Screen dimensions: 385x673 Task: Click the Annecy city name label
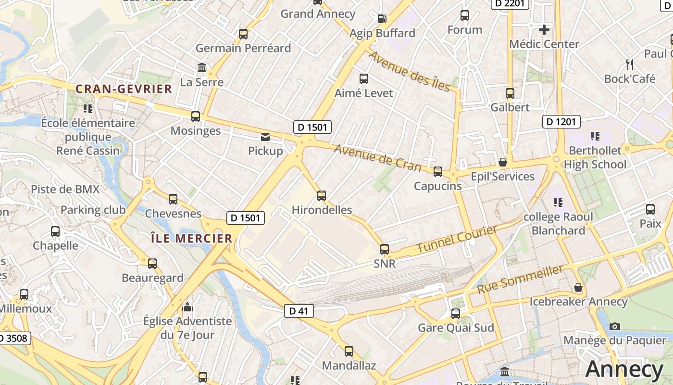coord(624,369)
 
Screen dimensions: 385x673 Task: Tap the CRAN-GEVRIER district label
coord(124,89)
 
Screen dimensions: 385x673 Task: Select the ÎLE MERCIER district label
coord(191,238)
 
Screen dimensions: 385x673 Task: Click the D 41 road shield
coord(299,311)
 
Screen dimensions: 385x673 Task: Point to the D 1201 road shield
coord(561,122)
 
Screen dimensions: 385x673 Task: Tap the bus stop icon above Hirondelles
coord(322,196)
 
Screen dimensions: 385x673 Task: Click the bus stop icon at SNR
coord(385,249)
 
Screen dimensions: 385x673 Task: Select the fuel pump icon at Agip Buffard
coord(382,19)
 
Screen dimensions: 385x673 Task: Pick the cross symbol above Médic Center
coord(544,30)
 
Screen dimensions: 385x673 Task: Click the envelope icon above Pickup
coord(265,137)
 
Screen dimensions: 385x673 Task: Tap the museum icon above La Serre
coord(202,68)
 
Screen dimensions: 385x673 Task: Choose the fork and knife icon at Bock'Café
coord(630,64)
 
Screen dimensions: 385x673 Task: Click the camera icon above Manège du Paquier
coord(614,326)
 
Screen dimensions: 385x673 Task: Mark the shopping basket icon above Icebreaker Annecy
coord(578,287)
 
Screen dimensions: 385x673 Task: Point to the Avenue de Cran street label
coord(377,158)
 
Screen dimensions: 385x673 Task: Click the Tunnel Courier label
coord(457,240)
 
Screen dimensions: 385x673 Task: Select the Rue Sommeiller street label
coord(520,279)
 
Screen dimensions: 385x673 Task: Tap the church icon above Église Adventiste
coord(187,307)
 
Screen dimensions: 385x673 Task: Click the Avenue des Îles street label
coord(409,71)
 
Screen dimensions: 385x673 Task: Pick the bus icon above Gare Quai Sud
coord(456,314)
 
